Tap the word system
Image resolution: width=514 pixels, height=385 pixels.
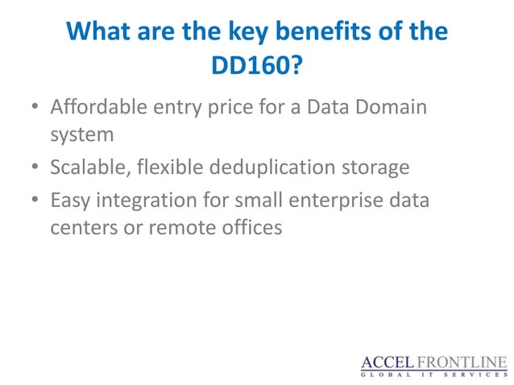tap(80, 135)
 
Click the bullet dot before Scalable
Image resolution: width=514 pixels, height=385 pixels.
tap(35, 168)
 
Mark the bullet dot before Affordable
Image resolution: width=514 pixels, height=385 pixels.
tap(35, 107)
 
